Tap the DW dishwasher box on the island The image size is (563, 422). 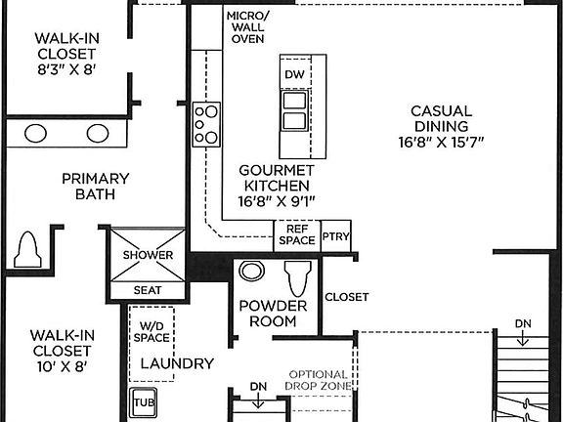[294, 74]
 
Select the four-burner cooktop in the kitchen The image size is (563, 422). [206, 124]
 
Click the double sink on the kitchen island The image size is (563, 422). [294, 109]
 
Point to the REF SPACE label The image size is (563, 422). [296, 234]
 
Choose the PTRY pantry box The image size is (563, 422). [335, 235]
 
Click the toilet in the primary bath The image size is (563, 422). [26, 250]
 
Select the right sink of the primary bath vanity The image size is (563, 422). [97, 134]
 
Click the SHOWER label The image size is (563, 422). [148, 255]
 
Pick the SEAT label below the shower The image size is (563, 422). [148, 290]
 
